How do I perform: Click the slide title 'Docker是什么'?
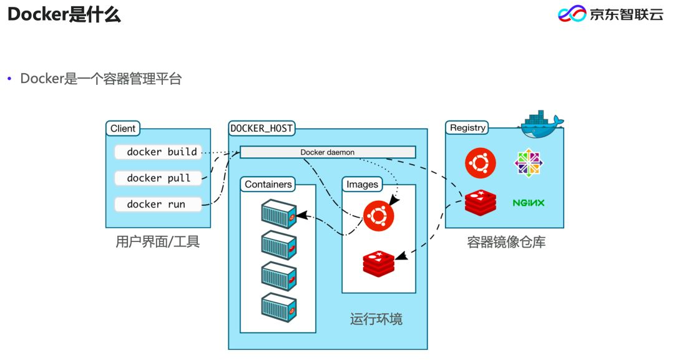tap(64, 15)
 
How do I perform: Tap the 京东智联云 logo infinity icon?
tap(572, 14)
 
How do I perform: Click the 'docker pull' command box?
tap(159, 178)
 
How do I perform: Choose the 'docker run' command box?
tap(159, 204)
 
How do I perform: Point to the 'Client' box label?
tap(123, 129)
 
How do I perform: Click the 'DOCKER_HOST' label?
tap(261, 129)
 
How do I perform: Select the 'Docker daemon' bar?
tap(328, 152)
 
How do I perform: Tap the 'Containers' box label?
tap(268, 184)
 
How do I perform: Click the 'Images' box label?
tap(362, 184)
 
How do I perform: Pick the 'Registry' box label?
tap(467, 128)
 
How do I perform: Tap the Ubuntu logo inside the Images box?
tap(379, 216)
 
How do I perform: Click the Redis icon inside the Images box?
tap(379, 263)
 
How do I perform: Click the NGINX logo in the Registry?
tap(529, 203)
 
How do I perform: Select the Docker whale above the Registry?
tap(540, 124)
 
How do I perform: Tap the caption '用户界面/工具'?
tap(158, 242)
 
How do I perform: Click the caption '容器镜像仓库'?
tap(506, 242)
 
